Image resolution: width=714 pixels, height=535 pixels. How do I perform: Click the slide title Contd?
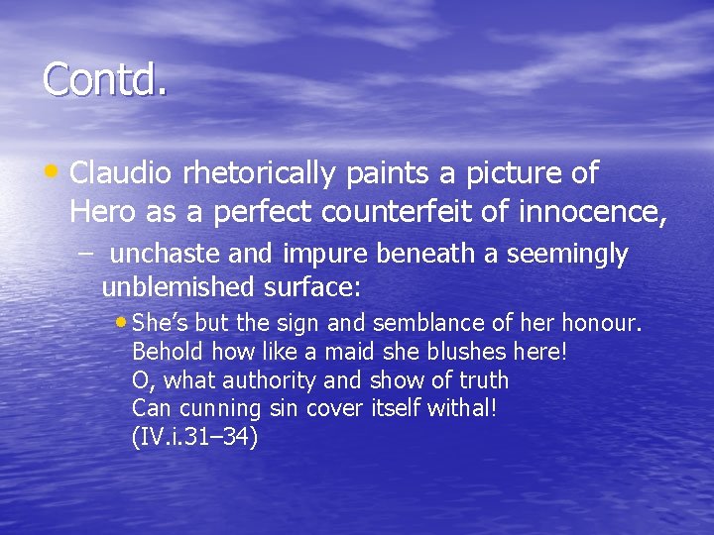tap(104, 79)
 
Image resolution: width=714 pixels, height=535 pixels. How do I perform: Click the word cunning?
tap(218, 409)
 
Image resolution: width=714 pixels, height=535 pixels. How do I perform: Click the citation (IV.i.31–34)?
tap(194, 438)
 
